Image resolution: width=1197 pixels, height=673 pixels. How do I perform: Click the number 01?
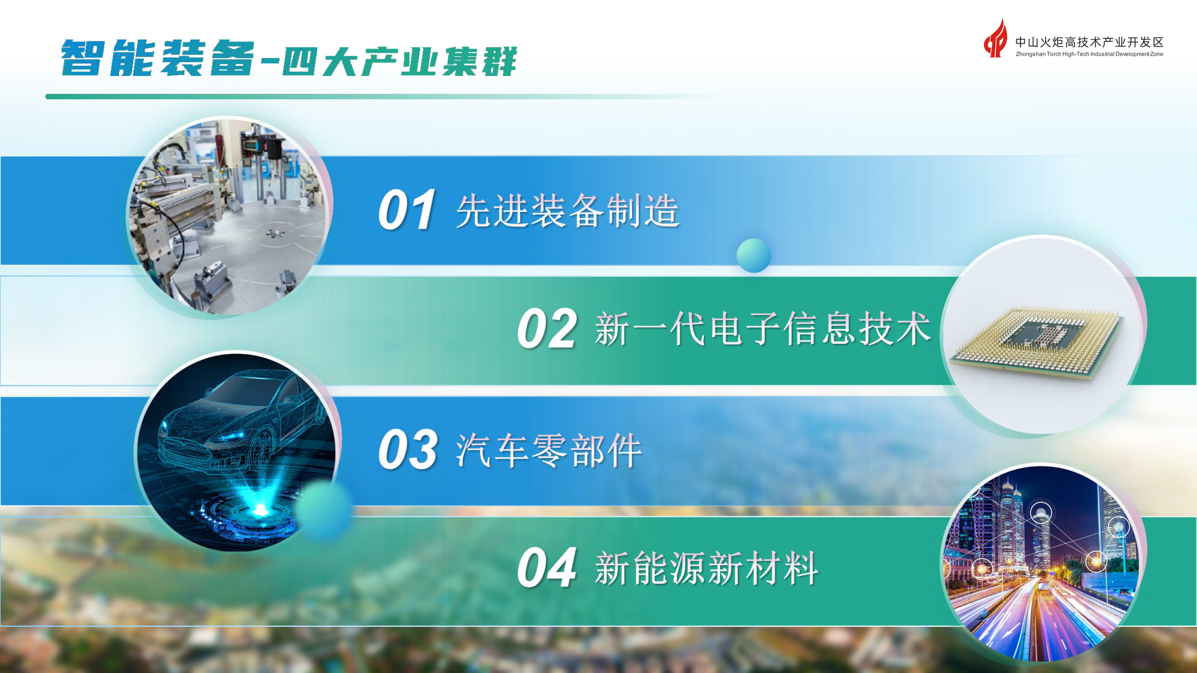406,210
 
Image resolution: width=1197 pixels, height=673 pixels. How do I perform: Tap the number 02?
546,329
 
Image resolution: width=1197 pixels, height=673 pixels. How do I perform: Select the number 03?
408,450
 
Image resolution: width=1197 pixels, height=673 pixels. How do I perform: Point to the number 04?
546,568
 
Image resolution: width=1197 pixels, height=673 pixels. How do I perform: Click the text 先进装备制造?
567,211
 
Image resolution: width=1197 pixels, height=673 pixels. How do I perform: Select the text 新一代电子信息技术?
762,329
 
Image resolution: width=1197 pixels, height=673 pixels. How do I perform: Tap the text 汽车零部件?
548,450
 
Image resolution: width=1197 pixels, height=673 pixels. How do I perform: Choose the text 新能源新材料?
706,568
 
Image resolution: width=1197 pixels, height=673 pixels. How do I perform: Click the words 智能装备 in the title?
157,59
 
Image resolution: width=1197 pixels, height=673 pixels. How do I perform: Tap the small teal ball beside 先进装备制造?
754,255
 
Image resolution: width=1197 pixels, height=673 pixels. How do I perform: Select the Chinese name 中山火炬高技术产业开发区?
1089,42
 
